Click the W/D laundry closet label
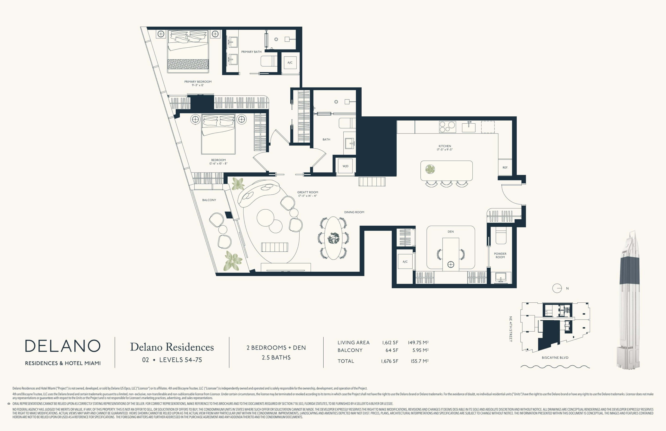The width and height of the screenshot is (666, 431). click(345, 166)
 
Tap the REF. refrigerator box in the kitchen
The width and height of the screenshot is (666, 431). click(505, 167)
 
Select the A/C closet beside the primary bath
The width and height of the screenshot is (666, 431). click(290, 63)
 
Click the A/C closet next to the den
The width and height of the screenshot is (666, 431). click(405, 262)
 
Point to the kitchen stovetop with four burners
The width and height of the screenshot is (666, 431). click(447, 126)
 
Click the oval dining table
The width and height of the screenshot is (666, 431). click(333, 238)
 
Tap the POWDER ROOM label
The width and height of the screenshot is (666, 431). click(500, 255)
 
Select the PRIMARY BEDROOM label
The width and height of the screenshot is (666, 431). click(198, 82)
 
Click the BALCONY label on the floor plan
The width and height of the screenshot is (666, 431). click(209, 200)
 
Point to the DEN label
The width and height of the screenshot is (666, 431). click(451, 232)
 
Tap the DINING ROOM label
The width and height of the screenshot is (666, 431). click(354, 212)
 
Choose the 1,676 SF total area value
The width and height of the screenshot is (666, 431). click(390, 361)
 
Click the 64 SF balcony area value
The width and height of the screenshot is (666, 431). click(392, 350)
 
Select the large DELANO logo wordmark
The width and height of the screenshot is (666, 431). click(63, 346)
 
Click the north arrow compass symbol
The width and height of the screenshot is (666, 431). click(557, 288)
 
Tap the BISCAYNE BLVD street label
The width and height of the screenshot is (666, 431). click(555, 358)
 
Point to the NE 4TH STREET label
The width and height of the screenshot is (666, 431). click(510, 329)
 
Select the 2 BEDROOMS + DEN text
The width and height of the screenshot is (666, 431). click(276, 348)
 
